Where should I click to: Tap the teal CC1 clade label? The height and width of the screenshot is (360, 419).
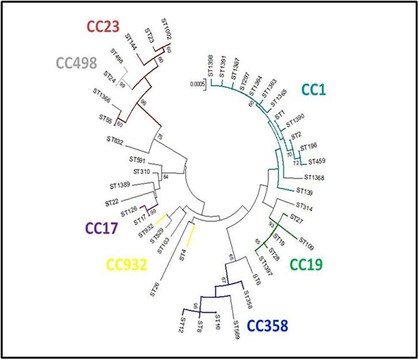[316, 90]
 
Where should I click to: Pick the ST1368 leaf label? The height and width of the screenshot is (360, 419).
[314, 177]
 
